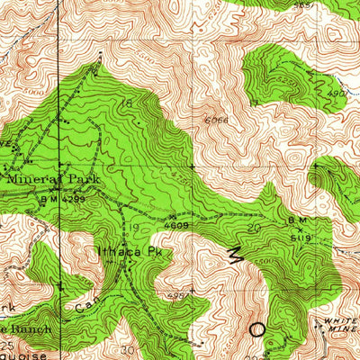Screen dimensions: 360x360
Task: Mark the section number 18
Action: [127, 104]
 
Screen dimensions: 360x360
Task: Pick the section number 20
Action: [254, 228]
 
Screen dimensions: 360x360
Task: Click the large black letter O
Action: [258, 329]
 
